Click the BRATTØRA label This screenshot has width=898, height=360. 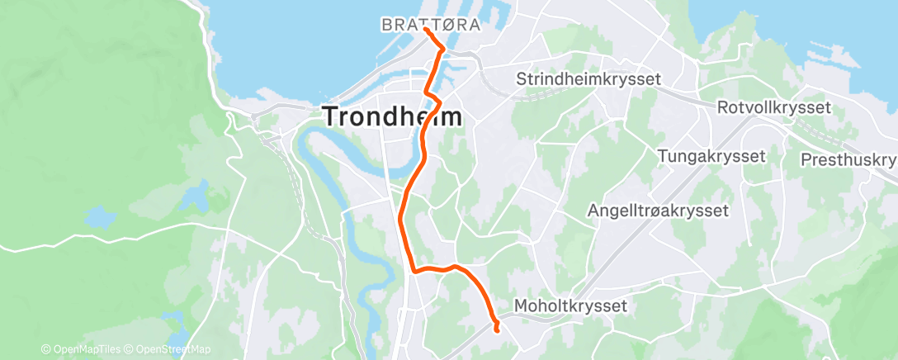430,25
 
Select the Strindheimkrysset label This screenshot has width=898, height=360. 589,79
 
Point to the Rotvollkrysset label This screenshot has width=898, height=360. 785,108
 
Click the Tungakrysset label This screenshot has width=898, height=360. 711,155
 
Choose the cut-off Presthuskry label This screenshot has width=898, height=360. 848,160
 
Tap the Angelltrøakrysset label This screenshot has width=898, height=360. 659,211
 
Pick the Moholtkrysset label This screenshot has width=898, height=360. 570,306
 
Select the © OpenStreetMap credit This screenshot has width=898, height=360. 169,349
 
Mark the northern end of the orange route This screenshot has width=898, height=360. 425,29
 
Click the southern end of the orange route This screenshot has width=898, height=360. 497,330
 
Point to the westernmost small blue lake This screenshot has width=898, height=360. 98,218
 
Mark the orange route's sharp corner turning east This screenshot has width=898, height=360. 413,269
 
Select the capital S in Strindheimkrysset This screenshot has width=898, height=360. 522,79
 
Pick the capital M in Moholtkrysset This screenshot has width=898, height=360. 521,306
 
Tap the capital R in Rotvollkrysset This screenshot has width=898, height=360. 723,108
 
